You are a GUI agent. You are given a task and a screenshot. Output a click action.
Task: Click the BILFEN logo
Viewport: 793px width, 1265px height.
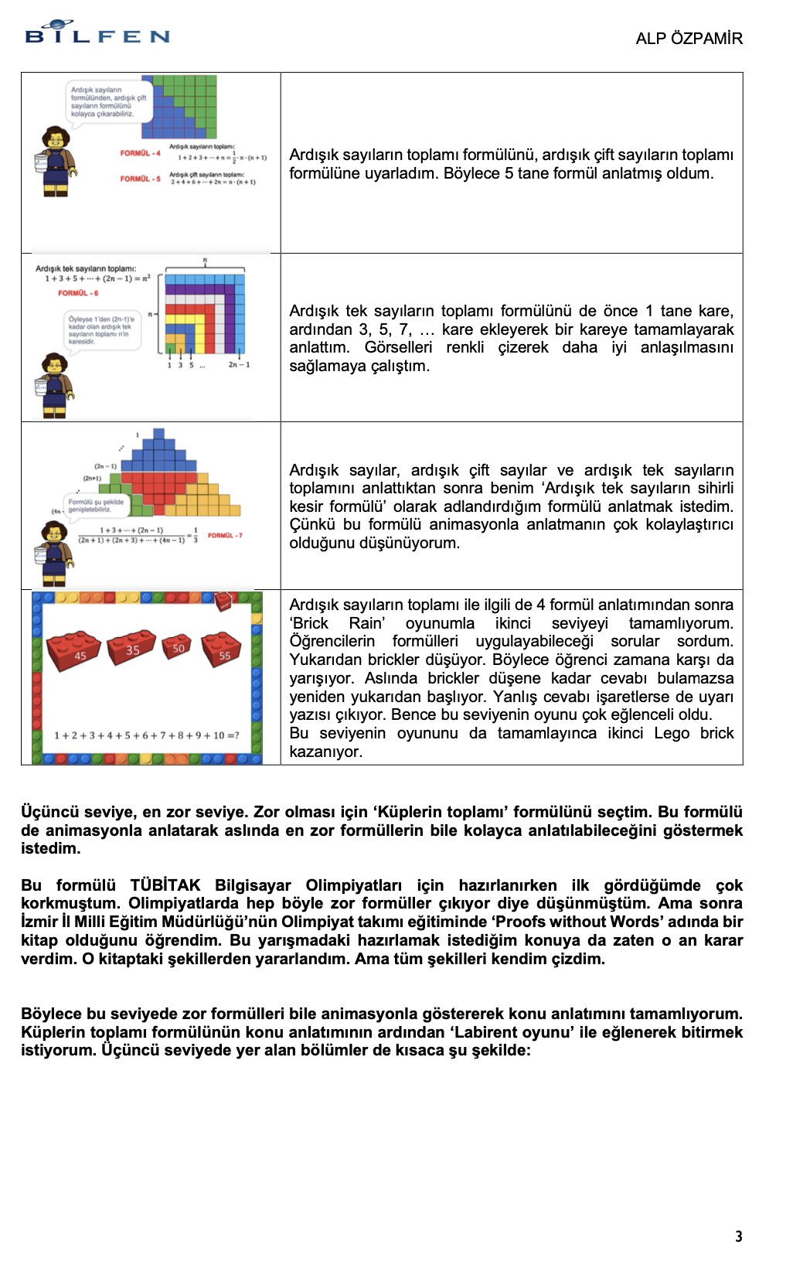[x=97, y=32]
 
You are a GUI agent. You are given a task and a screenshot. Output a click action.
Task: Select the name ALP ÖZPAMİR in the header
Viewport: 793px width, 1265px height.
[x=689, y=39]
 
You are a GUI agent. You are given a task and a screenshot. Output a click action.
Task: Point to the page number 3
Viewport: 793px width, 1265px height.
[x=739, y=1236]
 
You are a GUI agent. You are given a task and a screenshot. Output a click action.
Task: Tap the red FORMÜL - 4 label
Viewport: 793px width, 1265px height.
[x=140, y=153]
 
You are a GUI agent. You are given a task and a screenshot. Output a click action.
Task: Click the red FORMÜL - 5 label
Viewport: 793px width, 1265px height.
[x=140, y=179]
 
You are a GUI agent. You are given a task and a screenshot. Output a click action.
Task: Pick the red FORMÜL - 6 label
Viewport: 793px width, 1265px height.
[x=78, y=293]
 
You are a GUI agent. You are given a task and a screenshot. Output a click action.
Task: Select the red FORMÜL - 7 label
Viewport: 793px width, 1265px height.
[x=225, y=535]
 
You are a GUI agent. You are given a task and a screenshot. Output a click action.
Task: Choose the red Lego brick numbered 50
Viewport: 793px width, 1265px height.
[x=177, y=647]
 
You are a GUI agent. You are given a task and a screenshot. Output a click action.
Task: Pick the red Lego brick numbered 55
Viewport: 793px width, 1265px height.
[x=221, y=650]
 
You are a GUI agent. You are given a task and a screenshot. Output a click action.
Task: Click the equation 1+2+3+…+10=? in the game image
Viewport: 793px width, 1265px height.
[x=146, y=735]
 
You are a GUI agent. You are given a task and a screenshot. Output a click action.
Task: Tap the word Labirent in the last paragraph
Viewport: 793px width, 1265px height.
[x=482, y=1032]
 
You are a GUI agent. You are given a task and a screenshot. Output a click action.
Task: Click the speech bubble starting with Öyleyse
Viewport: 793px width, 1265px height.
[x=102, y=330]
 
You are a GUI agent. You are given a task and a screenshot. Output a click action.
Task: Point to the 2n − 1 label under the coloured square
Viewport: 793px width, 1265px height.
[x=239, y=364]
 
